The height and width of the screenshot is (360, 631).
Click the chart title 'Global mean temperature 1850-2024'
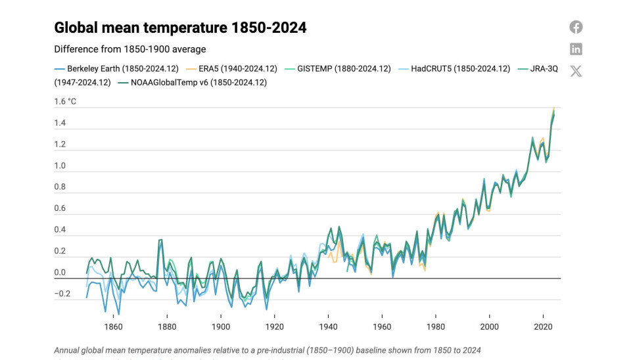click(180, 28)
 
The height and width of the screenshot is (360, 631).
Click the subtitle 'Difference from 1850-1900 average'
click(129, 49)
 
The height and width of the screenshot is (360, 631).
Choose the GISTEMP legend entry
click(339, 68)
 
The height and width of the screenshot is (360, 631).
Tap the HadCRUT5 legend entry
click(455, 68)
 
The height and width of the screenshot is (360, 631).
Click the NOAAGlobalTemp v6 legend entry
click(162, 82)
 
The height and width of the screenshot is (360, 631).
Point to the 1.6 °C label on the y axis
click(65, 101)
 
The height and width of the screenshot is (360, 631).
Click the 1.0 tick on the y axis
click(60, 166)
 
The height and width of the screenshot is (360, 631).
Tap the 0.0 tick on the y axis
click(60, 273)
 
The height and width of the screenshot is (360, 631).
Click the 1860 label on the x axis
click(113, 326)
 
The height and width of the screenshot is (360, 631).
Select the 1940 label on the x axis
click(328, 326)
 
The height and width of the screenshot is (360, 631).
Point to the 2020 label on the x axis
click(543, 326)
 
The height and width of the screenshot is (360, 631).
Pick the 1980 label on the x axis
click(435, 326)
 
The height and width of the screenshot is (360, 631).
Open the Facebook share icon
click(576, 27)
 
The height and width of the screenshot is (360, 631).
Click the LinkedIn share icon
click(576, 49)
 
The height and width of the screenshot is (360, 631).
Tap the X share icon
click(576, 71)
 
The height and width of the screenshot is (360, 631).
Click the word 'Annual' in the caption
click(67, 350)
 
